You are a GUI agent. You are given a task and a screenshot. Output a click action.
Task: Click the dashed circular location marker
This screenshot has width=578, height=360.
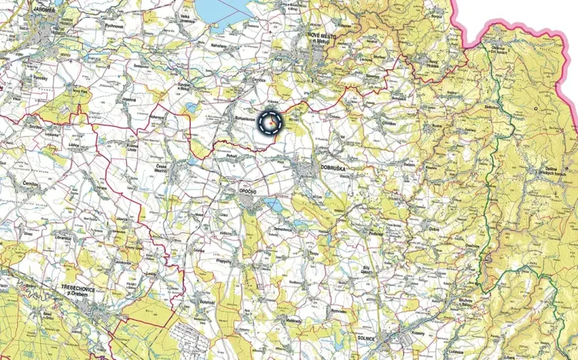pyautogui.click(x=271, y=122)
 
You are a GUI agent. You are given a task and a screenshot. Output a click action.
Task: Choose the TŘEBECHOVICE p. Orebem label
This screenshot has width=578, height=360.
pyautogui.click(x=82, y=288)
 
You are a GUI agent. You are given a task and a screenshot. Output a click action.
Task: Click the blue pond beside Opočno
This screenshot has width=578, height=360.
pyautogui.click(x=272, y=204)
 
